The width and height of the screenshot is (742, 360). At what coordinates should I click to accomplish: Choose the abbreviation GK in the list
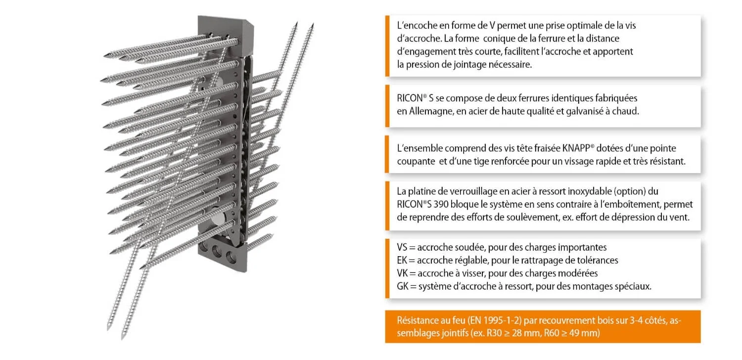[x=403, y=286]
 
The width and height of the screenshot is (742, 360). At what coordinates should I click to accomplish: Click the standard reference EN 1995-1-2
[x=475, y=320]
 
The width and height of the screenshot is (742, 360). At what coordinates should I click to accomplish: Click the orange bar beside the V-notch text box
[x=387, y=45]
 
